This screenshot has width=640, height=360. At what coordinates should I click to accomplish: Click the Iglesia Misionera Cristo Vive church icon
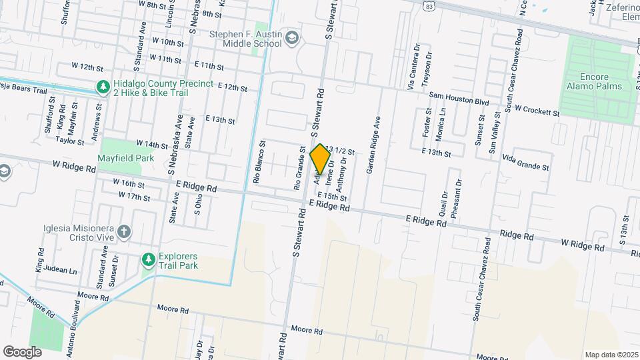(x=123, y=231)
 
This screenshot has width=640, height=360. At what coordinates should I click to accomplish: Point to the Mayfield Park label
(x=125, y=159)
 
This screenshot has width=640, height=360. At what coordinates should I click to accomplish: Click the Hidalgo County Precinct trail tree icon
(x=102, y=87)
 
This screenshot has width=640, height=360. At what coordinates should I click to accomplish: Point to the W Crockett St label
(x=537, y=111)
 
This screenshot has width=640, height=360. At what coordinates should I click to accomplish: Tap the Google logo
(x=22, y=351)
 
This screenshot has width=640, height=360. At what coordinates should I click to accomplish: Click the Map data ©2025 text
(x=611, y=355)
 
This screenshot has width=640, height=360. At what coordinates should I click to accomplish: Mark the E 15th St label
(x=332, y=197)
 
